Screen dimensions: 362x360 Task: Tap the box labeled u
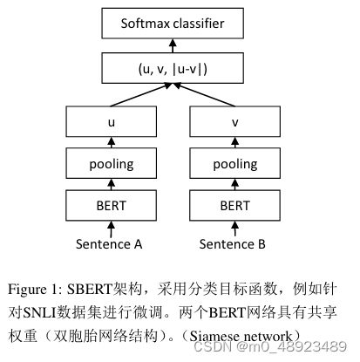111,123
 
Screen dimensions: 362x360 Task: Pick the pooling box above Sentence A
111,165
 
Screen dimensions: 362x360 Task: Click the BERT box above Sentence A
111,207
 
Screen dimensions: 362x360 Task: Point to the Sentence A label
111,244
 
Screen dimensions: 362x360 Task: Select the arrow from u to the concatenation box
139,94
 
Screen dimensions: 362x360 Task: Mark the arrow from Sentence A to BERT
111,229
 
